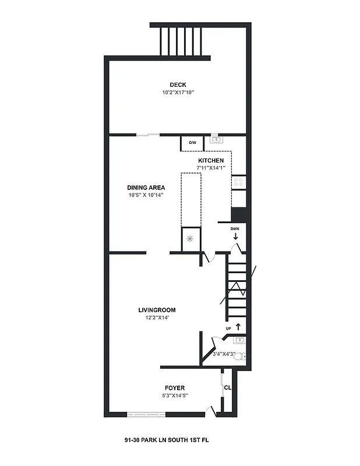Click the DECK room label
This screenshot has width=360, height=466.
pyautogui.click(x=178, y=84)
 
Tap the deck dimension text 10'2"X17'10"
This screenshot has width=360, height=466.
pyautogui.click(x=178, y=92)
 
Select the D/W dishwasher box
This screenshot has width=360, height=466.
pyautogui.click(x=192, y=142)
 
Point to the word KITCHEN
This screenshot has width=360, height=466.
pyautogui.click(x=211, y=160)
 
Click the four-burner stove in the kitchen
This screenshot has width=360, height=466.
pyautogui.click(x=238, y=183)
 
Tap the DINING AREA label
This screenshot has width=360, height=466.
pyautogui.click(x=146, y=188)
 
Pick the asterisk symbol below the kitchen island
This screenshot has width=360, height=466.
pyautogui.click(x=189, y=239)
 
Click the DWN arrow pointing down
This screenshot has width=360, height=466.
pyautogui.click(x=235, y=236)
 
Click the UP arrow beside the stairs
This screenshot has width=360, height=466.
pyautogui.click(x=238, y=327)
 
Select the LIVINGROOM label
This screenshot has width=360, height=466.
pyautogui.click(x=157, y=310)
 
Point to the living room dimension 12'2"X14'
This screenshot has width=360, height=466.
pyautogui.click(x=157, y=317)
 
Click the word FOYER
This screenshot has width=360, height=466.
pyautogui.click(x=175, y=388)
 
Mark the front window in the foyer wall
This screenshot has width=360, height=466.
pyautogui.click(x=146, y=414)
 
